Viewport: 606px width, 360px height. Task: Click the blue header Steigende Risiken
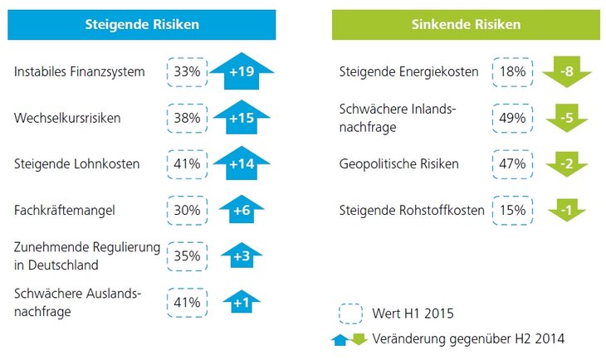(142, 24)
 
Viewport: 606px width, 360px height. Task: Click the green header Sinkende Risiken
(466, 24)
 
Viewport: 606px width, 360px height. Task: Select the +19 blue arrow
(242, 73)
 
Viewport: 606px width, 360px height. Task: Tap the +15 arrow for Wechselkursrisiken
(242, 119)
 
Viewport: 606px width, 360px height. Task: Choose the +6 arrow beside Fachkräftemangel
(242, 211)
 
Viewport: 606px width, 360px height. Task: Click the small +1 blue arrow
(242, 302)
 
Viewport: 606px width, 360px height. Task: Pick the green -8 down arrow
(566, 73)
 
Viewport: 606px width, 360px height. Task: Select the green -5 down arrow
(566, 119)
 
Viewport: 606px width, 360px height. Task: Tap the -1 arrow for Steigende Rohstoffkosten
(566, 211)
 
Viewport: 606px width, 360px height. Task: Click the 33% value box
(187, 72)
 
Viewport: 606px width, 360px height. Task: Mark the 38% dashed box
(187, 118)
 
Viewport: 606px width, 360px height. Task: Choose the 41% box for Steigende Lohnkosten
(187, 164)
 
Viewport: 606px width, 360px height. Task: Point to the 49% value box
(511, 118)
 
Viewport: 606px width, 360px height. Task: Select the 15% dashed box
(511, 211)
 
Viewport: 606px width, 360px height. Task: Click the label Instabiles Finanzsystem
(80, 72)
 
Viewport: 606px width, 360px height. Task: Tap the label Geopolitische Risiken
(398, 164)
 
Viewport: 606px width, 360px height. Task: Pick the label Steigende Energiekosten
(408, 72)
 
